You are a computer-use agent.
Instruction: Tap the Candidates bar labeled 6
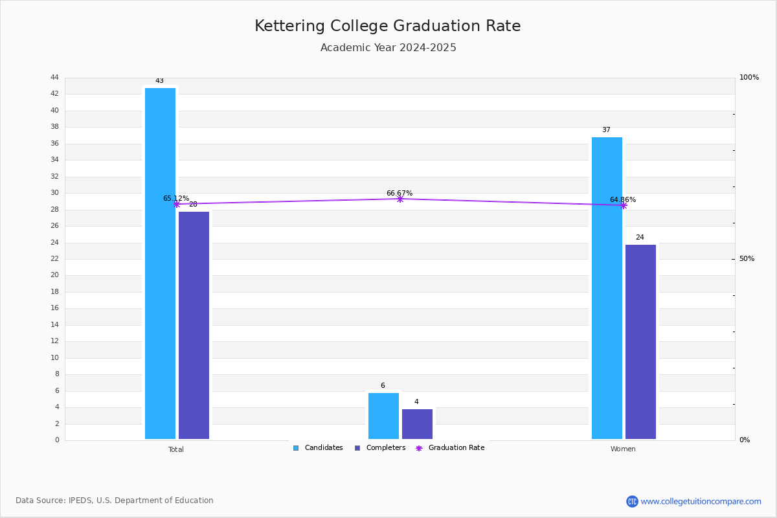pyautogui.click(x=383, y=416)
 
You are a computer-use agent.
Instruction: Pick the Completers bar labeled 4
pyautogui.click(x=417, y=424)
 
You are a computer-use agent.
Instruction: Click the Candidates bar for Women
pyautogui.click(x=607, y=288)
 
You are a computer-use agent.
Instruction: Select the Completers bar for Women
pyautogui.click(x=640, y=342)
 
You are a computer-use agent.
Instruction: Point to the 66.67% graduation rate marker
pyautogui.click(x=400, y=199)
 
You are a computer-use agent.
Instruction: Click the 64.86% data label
pyautogui.click(x=623, y=199)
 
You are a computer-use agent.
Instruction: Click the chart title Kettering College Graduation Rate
pyautogui.click(x=388, y=26)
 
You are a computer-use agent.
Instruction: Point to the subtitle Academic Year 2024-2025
pyautogui.click(x=388, y=48)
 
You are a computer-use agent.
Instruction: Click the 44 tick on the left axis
pyautogui.click(x=54, y=78)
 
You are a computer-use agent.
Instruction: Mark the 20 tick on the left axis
pyautogui.click(x=54, y=275)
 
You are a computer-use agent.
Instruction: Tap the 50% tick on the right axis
pyautogui.click(x=747, y=259)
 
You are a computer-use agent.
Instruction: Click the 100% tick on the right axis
pyautogui.click(x=749, y=78)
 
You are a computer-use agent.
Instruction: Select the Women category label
pyautogui.click(x=623, y=449)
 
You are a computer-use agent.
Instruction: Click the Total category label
pyautogui.click(x=176, y=449)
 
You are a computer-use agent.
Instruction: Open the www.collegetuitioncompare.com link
pyautogui.click(x=701, y=501)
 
